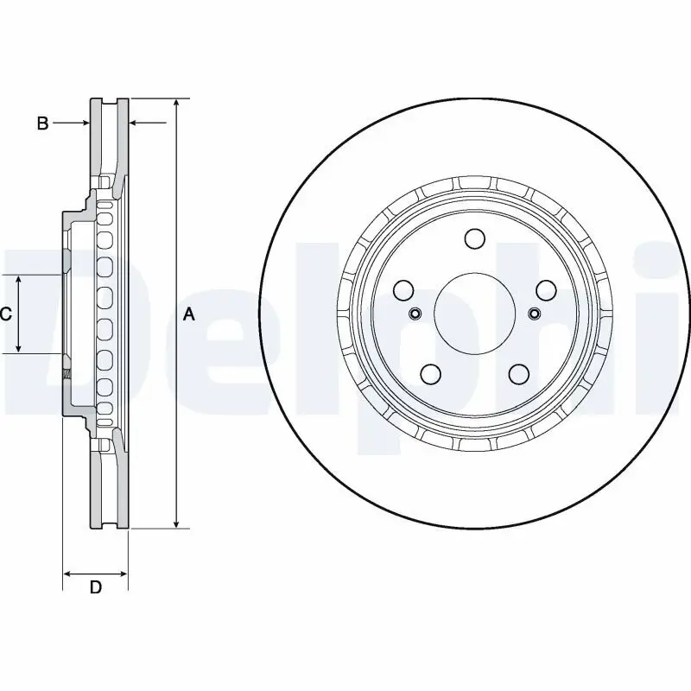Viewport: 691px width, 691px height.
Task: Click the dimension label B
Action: click(x=42, y=124)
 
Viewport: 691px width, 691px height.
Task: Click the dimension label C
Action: click(x=5, y=314)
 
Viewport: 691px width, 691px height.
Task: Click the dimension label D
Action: click(x=96, y=588)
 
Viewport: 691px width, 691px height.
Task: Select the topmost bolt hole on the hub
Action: click(x=473, y=238)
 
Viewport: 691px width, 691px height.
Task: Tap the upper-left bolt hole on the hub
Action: click(x=403, y=290)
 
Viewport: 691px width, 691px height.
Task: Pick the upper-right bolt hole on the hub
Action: click(x=545, y=290)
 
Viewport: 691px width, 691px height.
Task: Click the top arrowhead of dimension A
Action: click(x=176, y=103)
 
